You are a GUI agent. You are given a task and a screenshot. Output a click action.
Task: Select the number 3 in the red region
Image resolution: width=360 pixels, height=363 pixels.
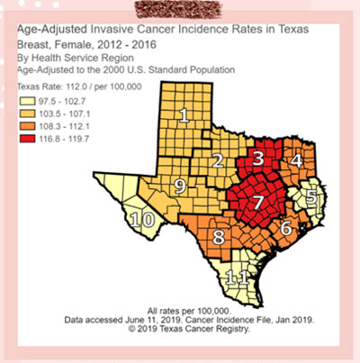tap(258, 159)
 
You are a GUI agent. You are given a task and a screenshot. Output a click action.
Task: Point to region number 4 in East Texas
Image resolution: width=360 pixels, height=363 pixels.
tap(296, 160)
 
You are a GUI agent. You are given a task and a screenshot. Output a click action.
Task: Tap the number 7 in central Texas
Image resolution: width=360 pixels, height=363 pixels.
tap(257, 201)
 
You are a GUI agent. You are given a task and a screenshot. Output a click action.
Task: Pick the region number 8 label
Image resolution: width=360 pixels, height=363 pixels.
tap(218, 239)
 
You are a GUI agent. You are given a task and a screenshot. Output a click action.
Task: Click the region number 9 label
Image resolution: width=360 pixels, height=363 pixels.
tap(180, 186)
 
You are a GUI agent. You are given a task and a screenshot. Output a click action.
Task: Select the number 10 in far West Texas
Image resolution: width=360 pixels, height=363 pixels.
tap(141, 220)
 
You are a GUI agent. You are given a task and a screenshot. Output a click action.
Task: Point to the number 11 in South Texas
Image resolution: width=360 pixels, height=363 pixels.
tap(235, 277)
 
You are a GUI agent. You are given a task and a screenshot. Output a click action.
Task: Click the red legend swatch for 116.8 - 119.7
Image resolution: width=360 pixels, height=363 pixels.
tap(30, 141)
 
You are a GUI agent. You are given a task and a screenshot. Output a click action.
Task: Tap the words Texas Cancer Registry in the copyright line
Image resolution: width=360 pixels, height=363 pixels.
tap(210, 329)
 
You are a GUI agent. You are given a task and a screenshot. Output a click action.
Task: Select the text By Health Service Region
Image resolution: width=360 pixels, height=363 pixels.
tap(69, 57)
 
